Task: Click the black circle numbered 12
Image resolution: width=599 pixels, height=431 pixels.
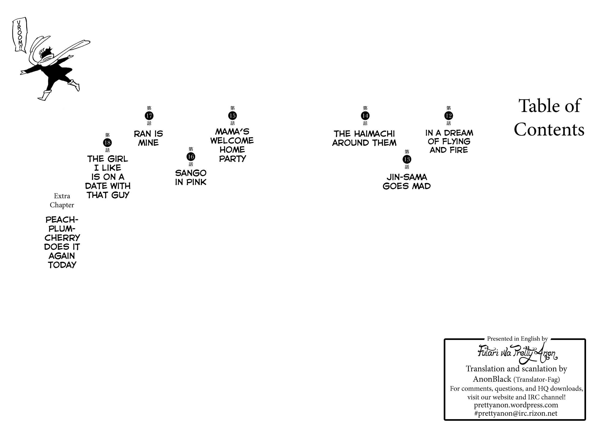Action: (448, 116)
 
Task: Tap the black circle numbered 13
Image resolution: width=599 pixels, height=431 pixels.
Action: (407, 159)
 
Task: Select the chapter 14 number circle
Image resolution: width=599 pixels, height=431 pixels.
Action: (365, 116)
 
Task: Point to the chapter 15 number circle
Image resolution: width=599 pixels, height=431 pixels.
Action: (232, 116)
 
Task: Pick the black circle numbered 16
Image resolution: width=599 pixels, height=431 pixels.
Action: (191, 157)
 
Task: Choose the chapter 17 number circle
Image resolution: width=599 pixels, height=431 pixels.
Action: (149, 116)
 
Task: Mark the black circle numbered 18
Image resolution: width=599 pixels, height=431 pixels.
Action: (107, 142)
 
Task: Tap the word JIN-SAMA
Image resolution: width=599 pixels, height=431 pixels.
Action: (407, 177)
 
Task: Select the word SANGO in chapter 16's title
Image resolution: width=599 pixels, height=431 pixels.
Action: (191, 173)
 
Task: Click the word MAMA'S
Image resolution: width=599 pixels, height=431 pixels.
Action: (232, 131)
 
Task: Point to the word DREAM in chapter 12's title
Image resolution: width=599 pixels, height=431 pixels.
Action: (459, 133)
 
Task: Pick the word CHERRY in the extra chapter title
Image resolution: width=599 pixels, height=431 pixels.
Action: (62, 238)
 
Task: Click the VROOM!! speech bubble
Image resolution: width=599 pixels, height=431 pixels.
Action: (19, 35)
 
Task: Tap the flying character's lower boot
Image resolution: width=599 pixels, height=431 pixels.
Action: (45, 95)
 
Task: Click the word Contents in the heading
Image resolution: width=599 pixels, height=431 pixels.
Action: (549, 130)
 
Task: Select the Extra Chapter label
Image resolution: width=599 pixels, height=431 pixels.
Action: (62, 200)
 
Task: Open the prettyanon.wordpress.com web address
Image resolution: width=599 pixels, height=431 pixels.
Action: (516, 405)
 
